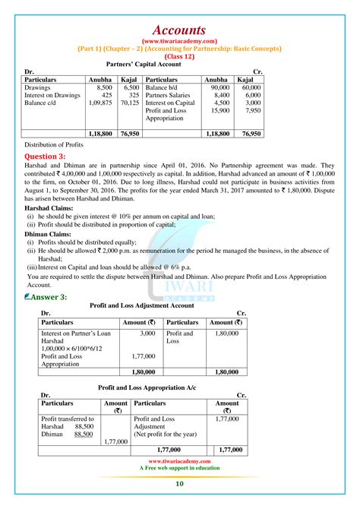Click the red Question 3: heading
click(x=50, y=155)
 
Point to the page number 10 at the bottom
click(x=179, y=484)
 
